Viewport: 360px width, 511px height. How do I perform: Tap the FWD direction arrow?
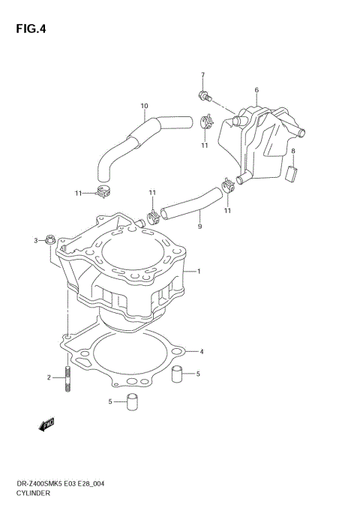[46, 425]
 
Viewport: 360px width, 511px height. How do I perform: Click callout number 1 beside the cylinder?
[199, 271]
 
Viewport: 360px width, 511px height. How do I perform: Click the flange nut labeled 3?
[49, 240]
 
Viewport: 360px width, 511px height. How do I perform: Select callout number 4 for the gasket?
[201, 350]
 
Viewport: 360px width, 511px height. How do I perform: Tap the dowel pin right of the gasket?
[178, 373]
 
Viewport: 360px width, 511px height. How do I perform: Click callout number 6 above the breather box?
[256, 90]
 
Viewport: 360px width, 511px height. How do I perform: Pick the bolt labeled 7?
[204, 95]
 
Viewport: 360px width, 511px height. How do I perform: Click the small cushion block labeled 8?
[293, 173]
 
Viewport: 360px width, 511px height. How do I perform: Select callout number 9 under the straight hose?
[199, 226]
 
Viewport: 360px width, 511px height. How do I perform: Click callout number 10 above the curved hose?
[144, 105]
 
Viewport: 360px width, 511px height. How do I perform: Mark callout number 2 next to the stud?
[49, 377]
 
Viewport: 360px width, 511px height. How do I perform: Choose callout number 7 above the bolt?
[202, 75]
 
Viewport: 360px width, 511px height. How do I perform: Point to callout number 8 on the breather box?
[293, 152]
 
